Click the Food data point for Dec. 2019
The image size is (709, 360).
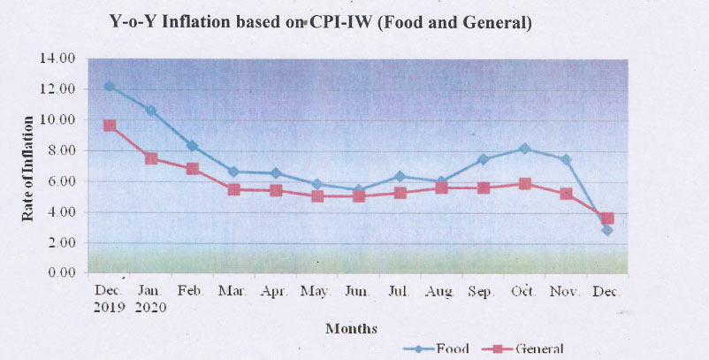(x=109, y=86)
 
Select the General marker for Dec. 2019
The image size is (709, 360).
(x=109, y=126)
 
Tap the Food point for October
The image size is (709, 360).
(x=524, y=149)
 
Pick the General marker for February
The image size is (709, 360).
(x=192, y=168)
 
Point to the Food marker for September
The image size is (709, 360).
(x=483, y=160)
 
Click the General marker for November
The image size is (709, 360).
(x=566, y=194)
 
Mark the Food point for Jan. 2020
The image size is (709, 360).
(x=150, y=111)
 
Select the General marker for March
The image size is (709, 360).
(x=233, y=189)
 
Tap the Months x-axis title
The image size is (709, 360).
(x=351, y=328)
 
